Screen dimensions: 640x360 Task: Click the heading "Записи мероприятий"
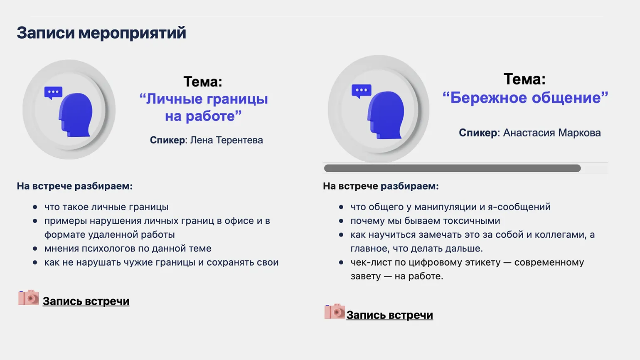click(x=101, y=33)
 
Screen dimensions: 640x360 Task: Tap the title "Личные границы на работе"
click(x=204, y=107)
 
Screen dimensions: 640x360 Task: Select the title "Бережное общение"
click(x=525, y=98)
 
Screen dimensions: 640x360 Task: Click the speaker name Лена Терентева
click(x=226, y=140)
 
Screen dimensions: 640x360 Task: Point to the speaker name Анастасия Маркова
click(x=552, y=133)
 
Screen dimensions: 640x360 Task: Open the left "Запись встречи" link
click(x=86, y=301)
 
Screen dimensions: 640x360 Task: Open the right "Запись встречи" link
click(x=390, y=315)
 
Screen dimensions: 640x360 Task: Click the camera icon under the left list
click(x=28, y=297)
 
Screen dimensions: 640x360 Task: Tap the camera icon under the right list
click(x=335, y=311)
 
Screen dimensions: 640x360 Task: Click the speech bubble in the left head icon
click(x=53, y=93)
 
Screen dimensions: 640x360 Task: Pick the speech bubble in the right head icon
click(x=362, y=91)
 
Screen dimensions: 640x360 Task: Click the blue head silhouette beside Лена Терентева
click(x=76, y=115)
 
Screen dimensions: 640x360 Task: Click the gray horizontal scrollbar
click(x=452, y=168)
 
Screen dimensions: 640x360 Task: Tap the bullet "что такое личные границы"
click(x=106, y=207)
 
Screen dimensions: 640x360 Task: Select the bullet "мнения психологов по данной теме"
click(x=128, y=249)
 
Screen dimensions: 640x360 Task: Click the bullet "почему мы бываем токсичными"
click(x=425, y=221)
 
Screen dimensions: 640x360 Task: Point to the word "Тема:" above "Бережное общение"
click(x=524, y=79)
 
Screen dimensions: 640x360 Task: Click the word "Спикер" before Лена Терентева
click(x=167, y=140)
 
